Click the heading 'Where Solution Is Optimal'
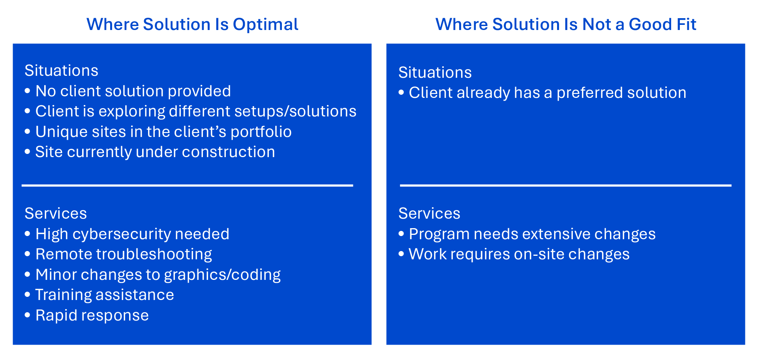click(192, 24)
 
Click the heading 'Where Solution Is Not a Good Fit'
click(565, 24)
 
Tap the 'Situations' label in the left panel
click(61, 71)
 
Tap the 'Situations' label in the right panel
click(435, 73)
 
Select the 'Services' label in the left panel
click(56, 214)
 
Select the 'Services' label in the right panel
click(429, 214)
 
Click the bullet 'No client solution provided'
click(133, 91)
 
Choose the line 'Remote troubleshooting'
click(124, 255)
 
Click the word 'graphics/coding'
click(222, 275)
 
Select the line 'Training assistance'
click(105, 295)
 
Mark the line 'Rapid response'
click(92, 315)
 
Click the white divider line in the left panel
click(187, 185)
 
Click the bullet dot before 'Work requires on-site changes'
click(401, 254)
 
